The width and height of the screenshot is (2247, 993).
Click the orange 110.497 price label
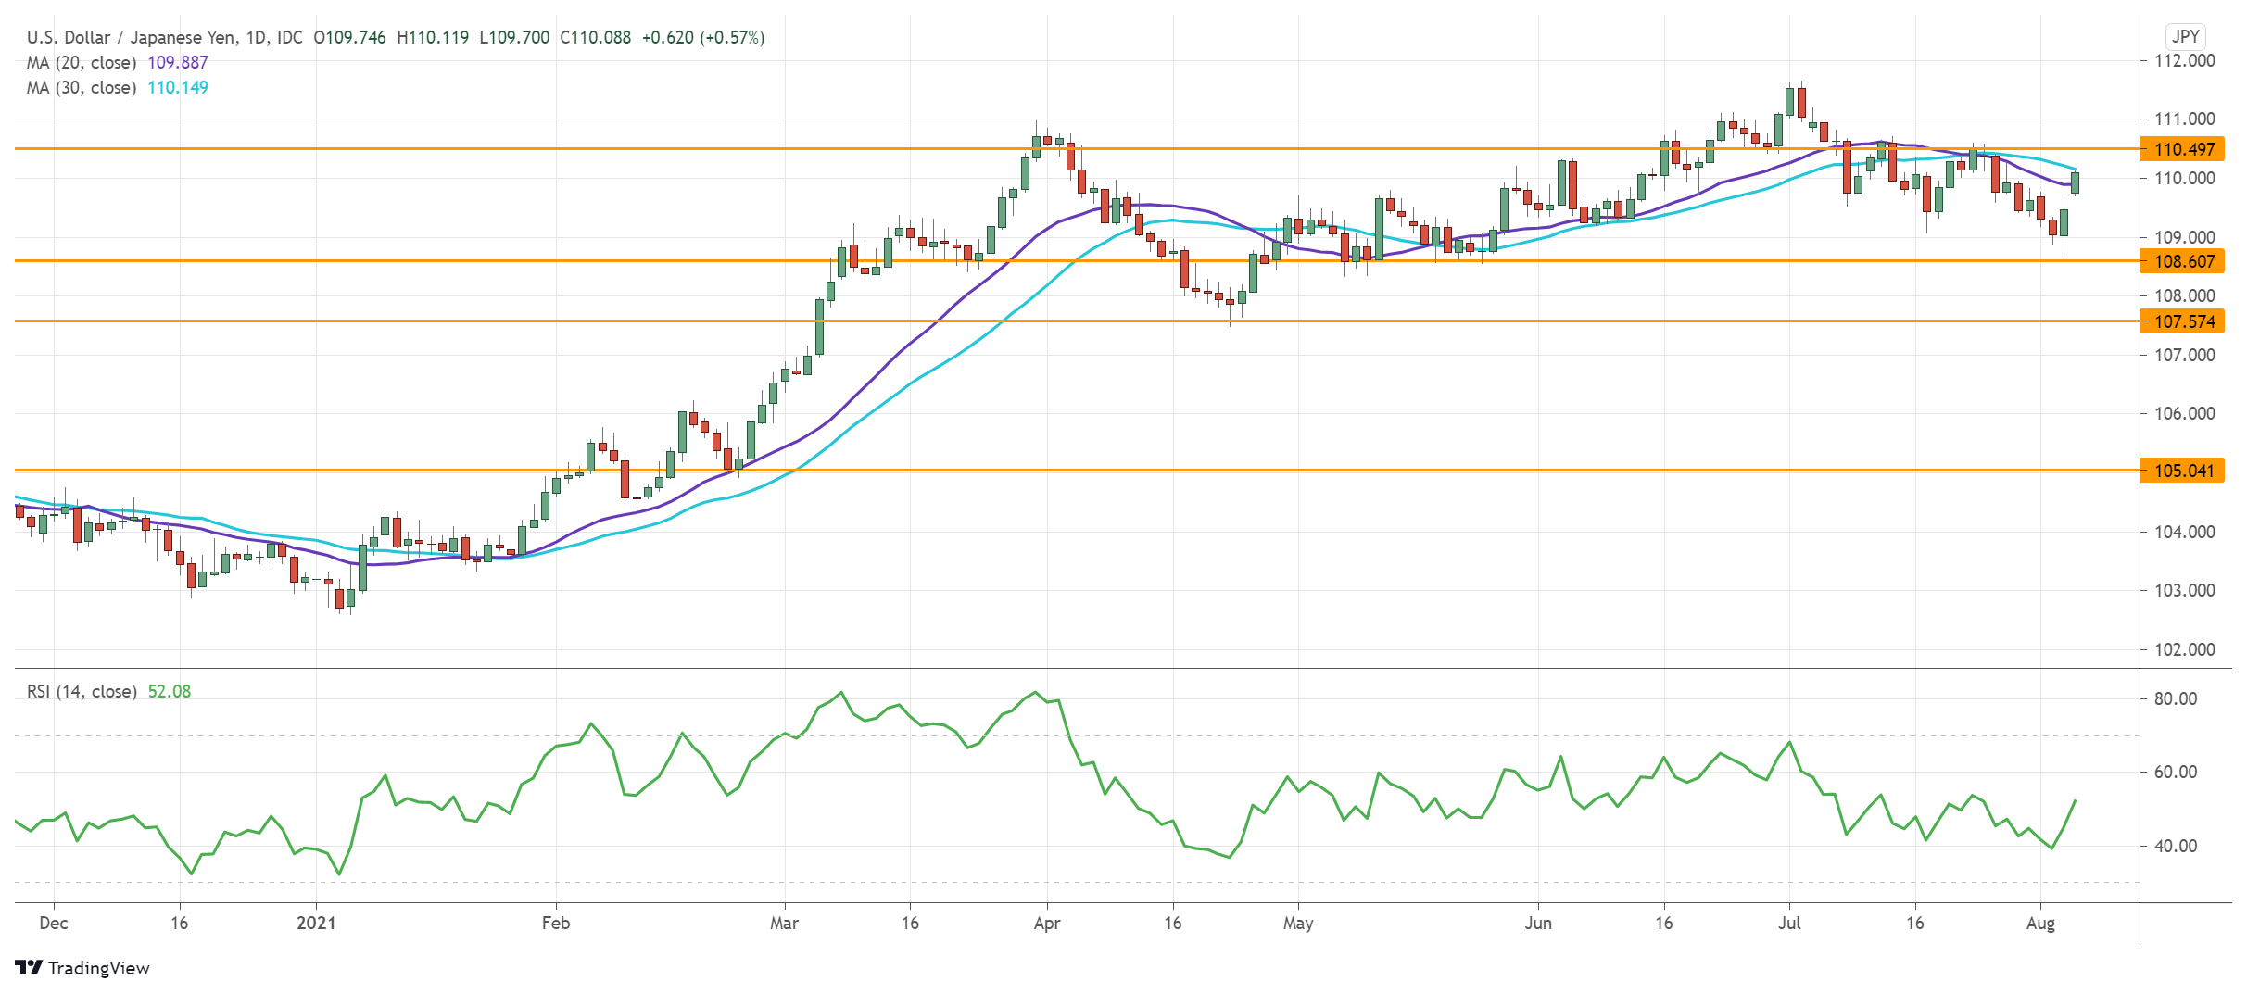(2183, 149)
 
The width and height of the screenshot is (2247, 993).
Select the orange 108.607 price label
(2183, 261)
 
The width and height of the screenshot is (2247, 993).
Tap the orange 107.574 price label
(2183, 321)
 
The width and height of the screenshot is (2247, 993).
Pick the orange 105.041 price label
(2183, 471)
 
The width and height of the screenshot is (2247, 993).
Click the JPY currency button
(2185, 36)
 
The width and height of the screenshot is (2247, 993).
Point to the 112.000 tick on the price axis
(2184, 61)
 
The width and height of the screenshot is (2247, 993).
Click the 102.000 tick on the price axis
(2184, 649)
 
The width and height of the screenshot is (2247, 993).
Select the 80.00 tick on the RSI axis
(2175, 698)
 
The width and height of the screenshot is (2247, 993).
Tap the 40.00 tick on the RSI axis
(2175, 846)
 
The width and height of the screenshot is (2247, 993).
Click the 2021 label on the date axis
(316, 923)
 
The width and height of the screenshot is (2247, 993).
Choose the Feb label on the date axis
(556, 923)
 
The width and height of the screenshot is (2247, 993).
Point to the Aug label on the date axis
(2040, 923)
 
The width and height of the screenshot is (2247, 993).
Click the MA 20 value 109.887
(178, 62)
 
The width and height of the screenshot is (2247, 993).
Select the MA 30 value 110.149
(178, 87)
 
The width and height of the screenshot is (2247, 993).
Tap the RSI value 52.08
(170, 691)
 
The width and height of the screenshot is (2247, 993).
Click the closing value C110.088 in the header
(595, 37)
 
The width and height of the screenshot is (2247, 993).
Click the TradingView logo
(82, 967)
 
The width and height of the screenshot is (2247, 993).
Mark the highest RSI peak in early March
(840, 692)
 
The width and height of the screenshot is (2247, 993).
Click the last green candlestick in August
(2076, 182)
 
